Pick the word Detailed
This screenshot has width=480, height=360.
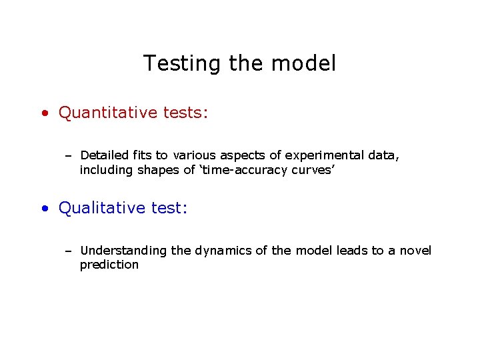pyautogui.click(x=105, y=155)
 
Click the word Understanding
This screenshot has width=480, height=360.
pyautogui.click(x=123, y=251)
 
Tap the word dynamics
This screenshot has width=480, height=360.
pyautogui.click(x=223, y=251)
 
